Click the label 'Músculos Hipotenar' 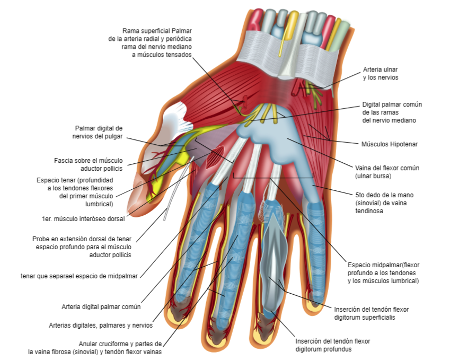tap(390, 144)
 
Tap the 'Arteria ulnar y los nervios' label tap(381, 74)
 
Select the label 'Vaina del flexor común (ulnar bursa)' tap(387, 172)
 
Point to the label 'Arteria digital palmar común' tap(101, 307)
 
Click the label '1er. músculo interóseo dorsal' tap(83, 219)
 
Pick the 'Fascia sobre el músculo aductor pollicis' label tap(89, 164)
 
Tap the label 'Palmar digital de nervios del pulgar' tap(98, 132)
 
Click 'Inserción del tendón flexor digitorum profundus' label tap(333, 345)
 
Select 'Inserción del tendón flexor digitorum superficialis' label tap(372, 313)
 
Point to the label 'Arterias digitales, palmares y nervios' tap(101, 325)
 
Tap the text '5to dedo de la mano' tap(384, 195)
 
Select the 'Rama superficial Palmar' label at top tap(157, 31)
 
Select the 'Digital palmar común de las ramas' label tap(392, 112)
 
